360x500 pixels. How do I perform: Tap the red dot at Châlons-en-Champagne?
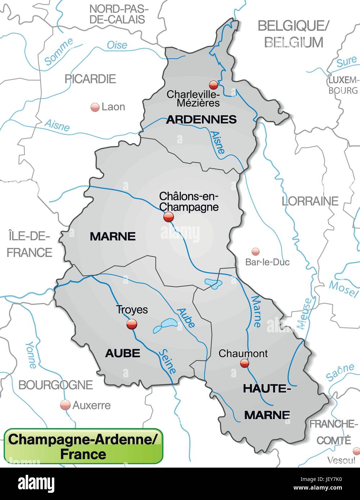168,217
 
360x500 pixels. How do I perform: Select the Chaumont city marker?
245,364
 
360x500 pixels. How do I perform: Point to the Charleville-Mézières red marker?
214,85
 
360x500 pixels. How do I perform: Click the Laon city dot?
95,107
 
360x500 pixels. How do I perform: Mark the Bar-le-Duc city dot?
255,251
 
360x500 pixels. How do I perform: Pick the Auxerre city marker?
65,405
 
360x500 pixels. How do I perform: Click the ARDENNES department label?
201,119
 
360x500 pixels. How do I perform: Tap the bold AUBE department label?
122,353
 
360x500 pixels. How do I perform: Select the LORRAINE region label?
310,201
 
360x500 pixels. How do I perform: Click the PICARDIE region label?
90,79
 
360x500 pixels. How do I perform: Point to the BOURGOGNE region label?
55,385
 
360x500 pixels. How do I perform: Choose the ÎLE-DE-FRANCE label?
29,244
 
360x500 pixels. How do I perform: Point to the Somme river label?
59,52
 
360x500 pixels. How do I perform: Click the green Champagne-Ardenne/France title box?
83,446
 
